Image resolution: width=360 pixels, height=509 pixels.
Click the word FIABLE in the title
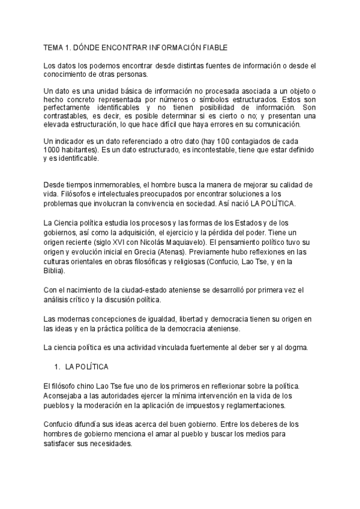point(211,47)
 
